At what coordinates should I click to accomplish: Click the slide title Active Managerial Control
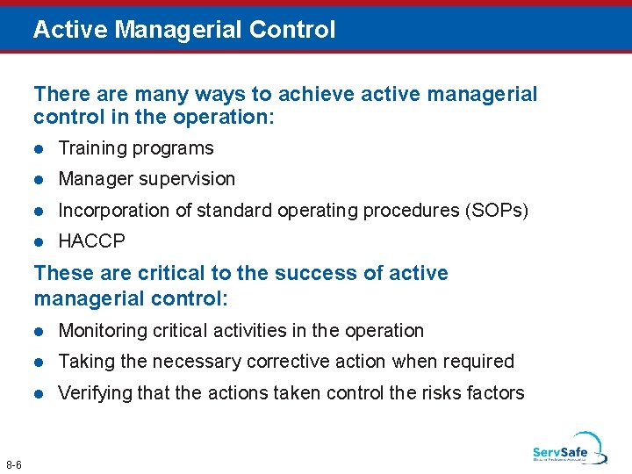[x=184, y=30]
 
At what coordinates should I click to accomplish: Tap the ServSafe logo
[x=569, y=449]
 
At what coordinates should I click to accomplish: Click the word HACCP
[x=91, y=241]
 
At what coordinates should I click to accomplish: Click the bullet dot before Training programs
[x=39, y=149]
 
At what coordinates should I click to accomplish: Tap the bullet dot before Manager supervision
[x=39, y=180]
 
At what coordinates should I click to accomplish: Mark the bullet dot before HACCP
[x=39, y=241]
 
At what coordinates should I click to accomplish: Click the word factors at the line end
[x=493, y=393]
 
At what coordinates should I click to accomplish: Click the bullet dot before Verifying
[x=39, y=394]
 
